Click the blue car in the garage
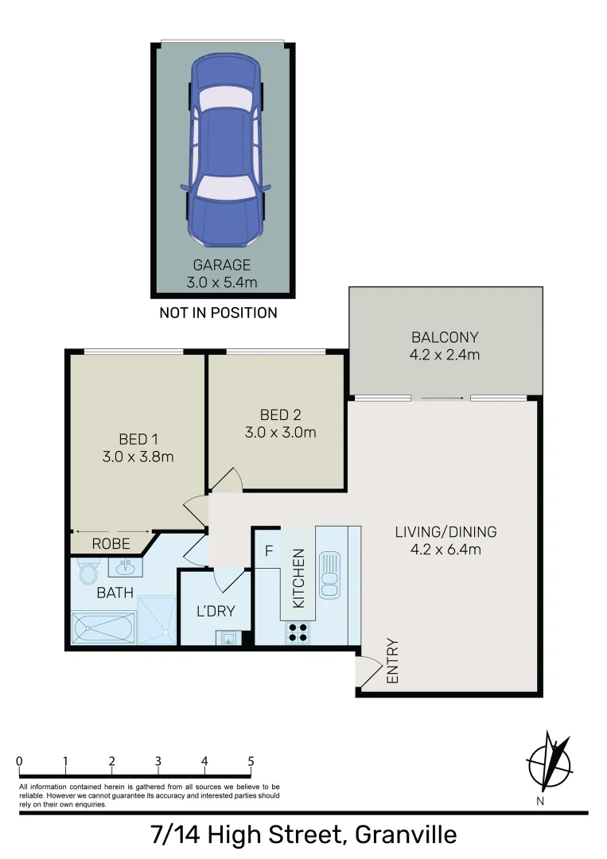tap(226, 151)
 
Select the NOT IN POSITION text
tap(218, 313)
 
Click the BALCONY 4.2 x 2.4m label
tap(445, 345)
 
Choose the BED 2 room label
tap(276, 423)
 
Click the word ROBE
tap(111, 545)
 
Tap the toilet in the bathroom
tap(88, 572)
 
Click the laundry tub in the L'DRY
tap(229, 636)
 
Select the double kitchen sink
tap(329, 573)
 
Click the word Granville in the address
tap(406, 835)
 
